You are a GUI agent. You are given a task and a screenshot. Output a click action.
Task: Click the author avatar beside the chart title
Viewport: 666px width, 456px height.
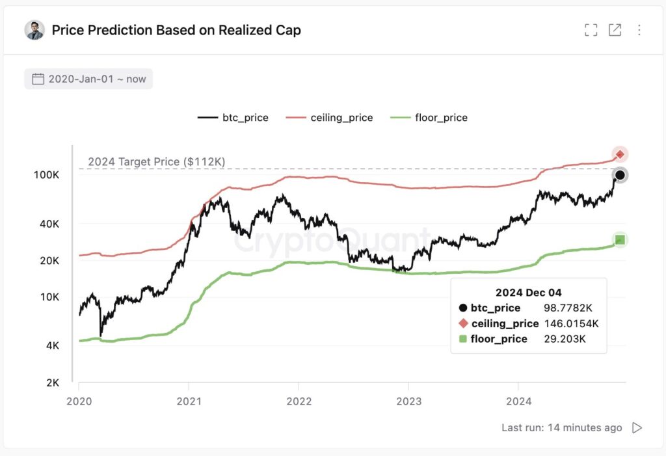point(34,30)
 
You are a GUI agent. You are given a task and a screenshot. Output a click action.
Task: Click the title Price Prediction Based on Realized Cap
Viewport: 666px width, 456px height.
point(176,30)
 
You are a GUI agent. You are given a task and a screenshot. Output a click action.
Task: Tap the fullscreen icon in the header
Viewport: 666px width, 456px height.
point(591,30)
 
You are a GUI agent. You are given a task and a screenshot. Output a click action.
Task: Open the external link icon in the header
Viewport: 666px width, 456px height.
point(615,30)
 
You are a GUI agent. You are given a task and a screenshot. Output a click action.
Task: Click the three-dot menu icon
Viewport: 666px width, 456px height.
point(639,30)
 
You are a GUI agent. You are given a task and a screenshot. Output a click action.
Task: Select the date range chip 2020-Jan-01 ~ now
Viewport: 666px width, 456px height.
point(89,79)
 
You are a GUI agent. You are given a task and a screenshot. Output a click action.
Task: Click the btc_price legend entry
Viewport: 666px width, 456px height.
point(233,118)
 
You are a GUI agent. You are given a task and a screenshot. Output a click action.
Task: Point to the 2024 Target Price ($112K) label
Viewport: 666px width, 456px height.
point(156,161)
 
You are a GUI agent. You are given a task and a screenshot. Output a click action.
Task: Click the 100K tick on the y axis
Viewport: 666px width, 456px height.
point(47,176)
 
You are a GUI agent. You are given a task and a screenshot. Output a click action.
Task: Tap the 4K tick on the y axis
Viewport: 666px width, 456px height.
point(52,346)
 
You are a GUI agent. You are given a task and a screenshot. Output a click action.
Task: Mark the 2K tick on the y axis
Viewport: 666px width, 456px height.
point(52,382)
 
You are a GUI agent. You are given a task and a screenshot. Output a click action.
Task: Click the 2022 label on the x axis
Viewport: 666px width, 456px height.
point(298,401)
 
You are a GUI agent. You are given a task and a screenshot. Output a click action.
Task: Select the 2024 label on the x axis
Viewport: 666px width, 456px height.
point(518,401)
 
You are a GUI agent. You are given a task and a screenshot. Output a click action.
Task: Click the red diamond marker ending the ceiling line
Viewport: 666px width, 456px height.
point(620,154)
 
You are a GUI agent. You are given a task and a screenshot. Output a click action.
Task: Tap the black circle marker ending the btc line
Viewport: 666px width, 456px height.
point(620,175)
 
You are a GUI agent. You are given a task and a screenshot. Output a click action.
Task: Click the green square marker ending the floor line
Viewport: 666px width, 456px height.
point(620,240)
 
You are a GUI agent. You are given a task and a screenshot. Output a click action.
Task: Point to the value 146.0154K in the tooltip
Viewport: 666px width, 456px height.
point(571,323)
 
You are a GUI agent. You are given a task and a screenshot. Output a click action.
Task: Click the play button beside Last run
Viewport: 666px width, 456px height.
point(637,427)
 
